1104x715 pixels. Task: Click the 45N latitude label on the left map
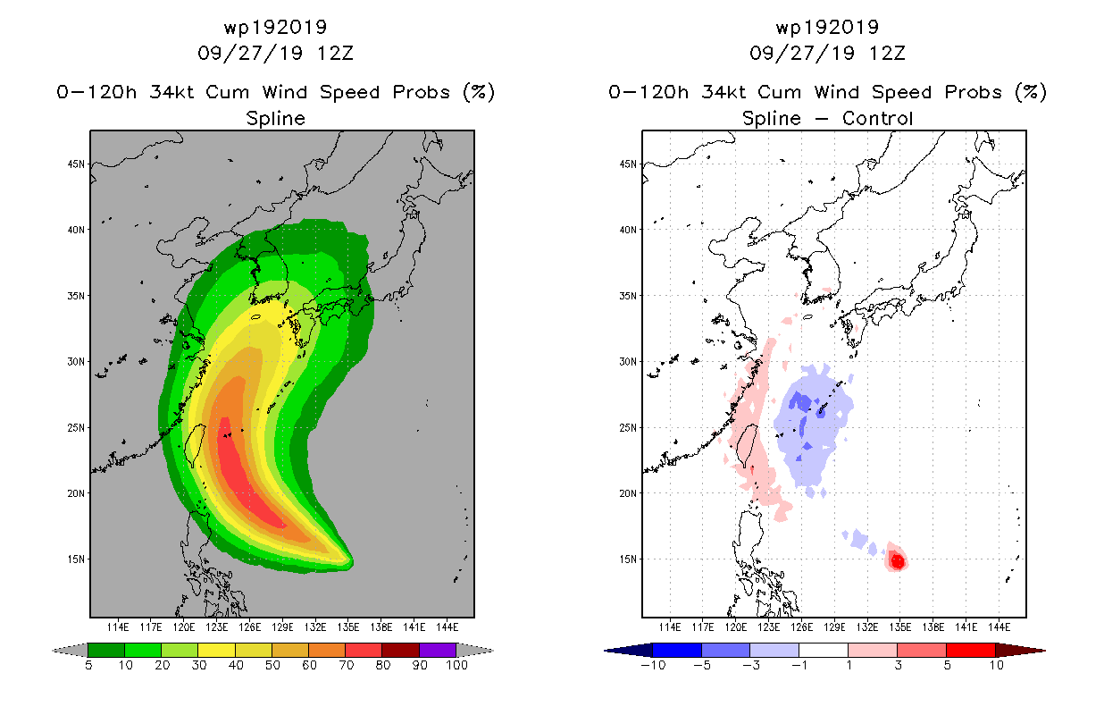pyautogui.click(x=76, y=164)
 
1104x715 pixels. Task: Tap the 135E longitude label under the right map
pyautogui.click(x=900, y=627)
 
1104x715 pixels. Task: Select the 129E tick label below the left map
pyautogui.click(x=282, y=627)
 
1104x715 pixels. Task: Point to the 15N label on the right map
pyautogui.click(x=628, y=559)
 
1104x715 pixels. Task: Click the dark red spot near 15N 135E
pyautogui.click(x=898, y=561)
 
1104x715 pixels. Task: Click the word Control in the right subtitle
pyautogui.click(x=877, y=118)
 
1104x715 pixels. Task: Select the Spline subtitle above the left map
pyautogui.click(x=275, y=119)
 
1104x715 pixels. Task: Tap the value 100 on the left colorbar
pyautogui.click(x=456, y=665)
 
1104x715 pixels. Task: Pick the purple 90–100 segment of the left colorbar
pyautogui.click(x=438, y=650)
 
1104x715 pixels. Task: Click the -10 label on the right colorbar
pyautogui.click(x=653, y=665)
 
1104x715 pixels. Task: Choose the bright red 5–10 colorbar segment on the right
pyautogui.click(x=970, y=650)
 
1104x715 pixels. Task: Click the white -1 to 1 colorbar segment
pyautogui.click(x=824, y=650)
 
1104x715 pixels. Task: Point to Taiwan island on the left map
pyautogui.click(x=196, y=445)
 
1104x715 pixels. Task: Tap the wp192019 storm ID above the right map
pyautogui.click(x=827, y=27)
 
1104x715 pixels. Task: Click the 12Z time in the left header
pyautogui.click(x=335, y=53)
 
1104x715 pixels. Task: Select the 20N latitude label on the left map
pyautogui.click(x=76, y=493)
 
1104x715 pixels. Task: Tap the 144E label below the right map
pyautogui.click(x=999, y=627)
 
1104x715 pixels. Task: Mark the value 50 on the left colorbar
pyautogui.click(x=272, y=665)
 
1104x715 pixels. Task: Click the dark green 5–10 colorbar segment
pyautogui.click(x=106, y=650)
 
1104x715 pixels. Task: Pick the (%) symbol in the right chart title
pyautogui.click(x=1031, y=92)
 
